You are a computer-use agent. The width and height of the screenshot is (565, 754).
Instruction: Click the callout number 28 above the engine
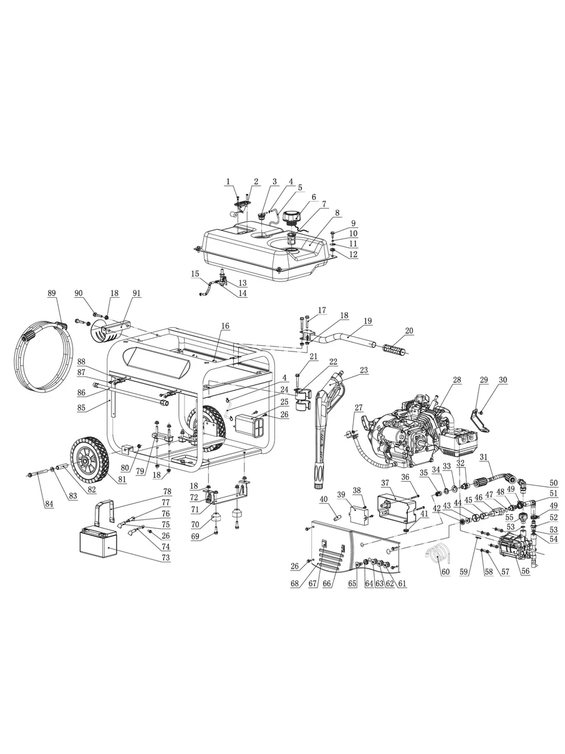(456, 379)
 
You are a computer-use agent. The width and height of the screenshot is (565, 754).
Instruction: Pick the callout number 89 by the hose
(52, 293)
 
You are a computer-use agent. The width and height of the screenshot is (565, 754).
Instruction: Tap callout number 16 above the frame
(225, 325)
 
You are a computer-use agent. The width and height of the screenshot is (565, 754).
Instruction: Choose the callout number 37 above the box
(385, 482)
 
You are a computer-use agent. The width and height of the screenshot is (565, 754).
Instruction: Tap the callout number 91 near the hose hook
(137, 293)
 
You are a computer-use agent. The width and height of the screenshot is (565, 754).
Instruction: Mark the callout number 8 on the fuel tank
(337, 213)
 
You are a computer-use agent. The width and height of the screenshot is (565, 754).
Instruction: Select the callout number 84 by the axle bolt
(49, 504)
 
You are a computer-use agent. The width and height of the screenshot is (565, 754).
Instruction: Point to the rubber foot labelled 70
(216, 517)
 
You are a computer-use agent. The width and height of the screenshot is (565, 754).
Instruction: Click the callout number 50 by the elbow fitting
(553, 482)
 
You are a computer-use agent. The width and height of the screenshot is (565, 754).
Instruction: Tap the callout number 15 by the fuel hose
(195, 274)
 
